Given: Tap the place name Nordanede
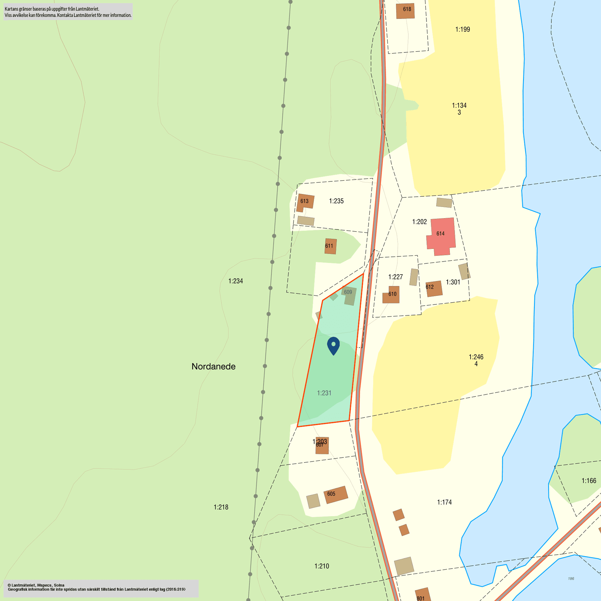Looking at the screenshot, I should tap(213, 366).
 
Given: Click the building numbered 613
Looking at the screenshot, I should tap(305, 202).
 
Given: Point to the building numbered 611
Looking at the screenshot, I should tap(330, 246).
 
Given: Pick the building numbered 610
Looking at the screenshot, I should tap(392, 295).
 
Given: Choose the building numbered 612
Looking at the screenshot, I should tap(433, 288).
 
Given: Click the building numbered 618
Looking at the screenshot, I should tap(406, 10).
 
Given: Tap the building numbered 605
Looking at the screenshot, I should tap(335, 494).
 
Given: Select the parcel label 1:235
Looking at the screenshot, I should tap(336, 201).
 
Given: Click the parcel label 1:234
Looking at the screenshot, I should tap(235, 281).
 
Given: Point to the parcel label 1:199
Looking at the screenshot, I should tap(462, 30).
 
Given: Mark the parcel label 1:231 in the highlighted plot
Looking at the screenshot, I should tap(324, 393).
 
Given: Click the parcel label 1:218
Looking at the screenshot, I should tap(221, 507).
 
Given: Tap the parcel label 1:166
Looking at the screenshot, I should tap(589, 481).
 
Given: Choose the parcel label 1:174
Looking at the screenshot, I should tap(444, 502).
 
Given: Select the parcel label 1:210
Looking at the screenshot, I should tap(321, 566).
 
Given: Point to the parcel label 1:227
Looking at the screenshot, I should tap(395, 277).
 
